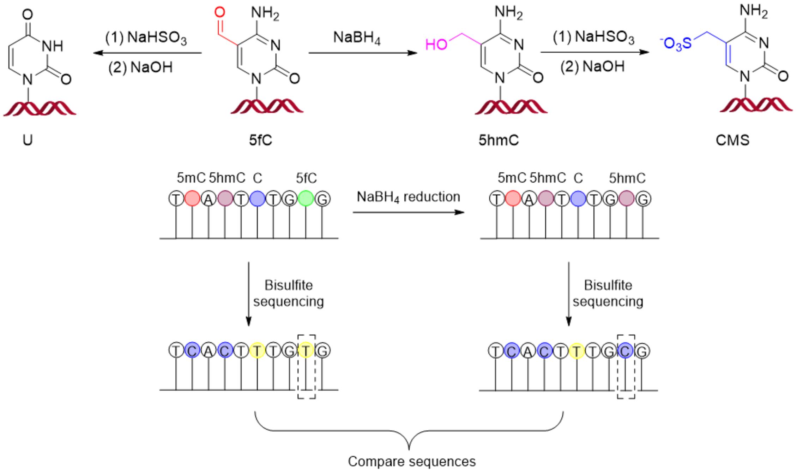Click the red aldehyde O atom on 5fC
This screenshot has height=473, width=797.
coord(219,13)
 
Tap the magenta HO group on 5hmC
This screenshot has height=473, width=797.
coord(436,45)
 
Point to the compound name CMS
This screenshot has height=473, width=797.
coord(732,140)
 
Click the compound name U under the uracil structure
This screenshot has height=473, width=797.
coord(28,140)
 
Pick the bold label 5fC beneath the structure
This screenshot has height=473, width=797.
coord(260,140)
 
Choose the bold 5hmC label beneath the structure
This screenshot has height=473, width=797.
coord(499,140)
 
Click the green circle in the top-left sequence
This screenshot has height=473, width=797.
coord(306,199)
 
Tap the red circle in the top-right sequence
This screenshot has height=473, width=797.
coord(513,199)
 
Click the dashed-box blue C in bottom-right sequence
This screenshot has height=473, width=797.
coord(626,351)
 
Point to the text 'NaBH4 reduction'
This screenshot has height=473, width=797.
coord(408,197)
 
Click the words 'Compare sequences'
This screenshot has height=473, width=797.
coord(412,461)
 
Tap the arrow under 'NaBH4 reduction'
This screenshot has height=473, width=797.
coord(408,212)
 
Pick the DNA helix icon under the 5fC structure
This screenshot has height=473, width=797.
coord(267,106)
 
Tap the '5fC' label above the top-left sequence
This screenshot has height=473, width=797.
coord(306,178)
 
